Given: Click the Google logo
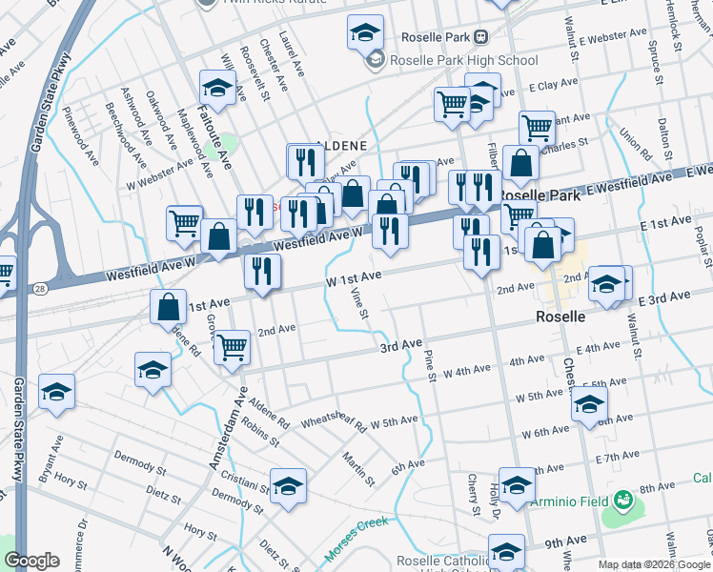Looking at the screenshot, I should coord(31,561).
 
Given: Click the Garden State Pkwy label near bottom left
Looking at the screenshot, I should coord(18,429).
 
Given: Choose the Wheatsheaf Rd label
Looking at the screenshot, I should coord(333,422).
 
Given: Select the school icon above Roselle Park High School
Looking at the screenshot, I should coord(365,34).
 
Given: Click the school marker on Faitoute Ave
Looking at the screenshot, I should coord(218,90).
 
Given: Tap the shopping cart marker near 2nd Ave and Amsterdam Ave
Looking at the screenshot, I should coord(232,349).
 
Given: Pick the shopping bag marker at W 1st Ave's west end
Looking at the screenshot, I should coord(168,308).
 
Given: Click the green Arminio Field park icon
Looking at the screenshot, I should coord(623,499).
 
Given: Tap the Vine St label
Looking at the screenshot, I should coord(360,302).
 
